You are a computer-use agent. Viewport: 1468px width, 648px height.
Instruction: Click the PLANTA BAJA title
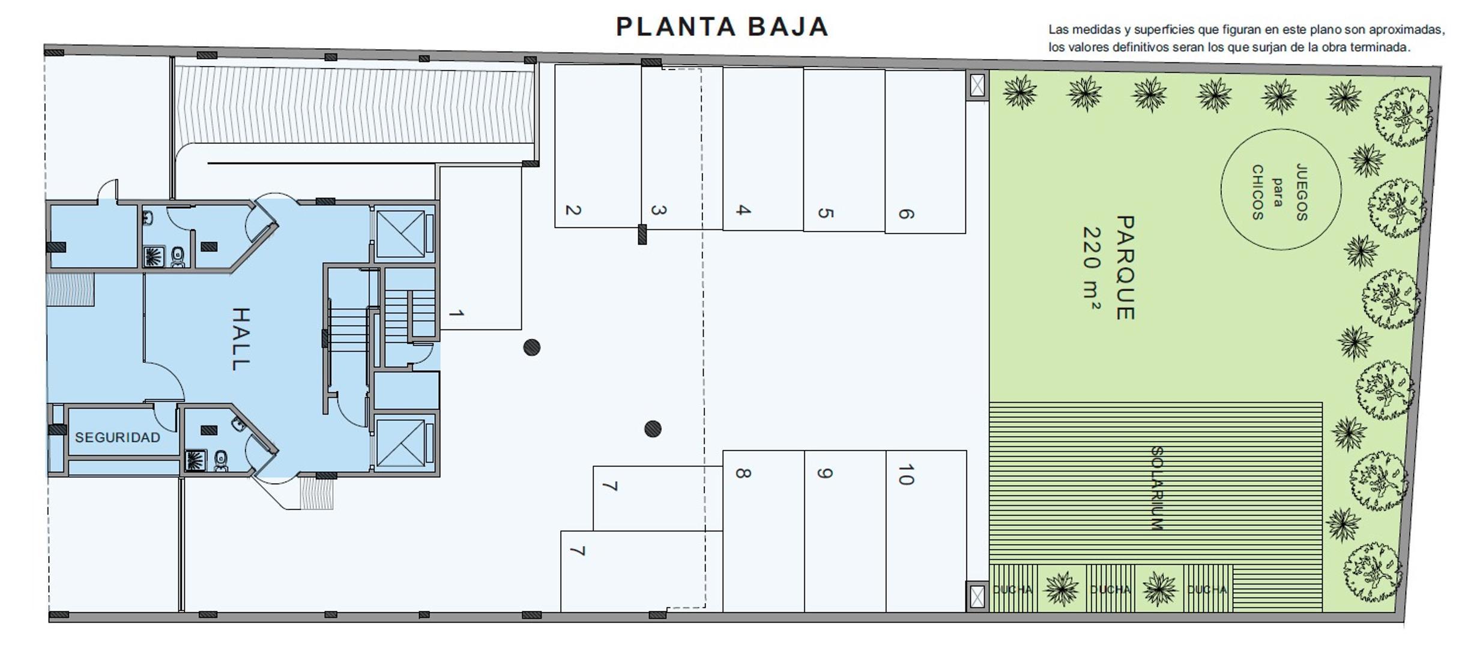(x=722, y=27)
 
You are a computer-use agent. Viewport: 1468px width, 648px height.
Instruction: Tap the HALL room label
(x=241, y=339)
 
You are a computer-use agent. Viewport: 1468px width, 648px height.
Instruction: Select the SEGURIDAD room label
(x=118, y=437)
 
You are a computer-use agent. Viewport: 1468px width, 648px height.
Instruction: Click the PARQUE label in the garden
(x=1125, y=268)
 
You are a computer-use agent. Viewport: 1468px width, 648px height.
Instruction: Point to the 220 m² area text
(x=1092, y=268)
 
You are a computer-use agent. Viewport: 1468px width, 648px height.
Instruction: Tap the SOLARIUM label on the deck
(x=1156, y=488)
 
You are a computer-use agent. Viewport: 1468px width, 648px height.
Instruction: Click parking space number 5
(x=844, y=150)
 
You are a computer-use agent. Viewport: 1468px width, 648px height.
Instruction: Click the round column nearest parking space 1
(x=531, y=347)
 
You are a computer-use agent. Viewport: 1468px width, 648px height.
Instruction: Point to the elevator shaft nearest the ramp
(x=400, y=233)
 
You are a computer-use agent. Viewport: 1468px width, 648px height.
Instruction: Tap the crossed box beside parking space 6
(x=977, y=85)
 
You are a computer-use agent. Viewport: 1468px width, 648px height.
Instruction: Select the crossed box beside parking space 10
(x=977, y=596)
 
